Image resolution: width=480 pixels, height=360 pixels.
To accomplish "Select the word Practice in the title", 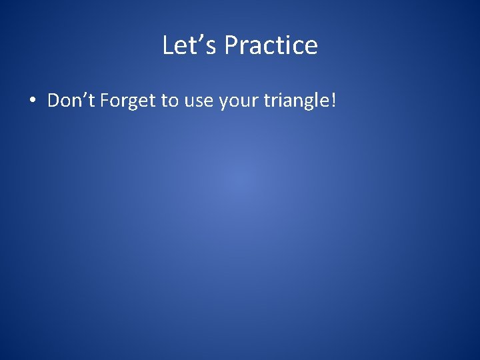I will (271, 45).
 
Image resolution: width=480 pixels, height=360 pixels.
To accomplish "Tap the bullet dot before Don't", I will (32, 101).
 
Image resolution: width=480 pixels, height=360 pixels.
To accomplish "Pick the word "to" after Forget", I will (169, 101).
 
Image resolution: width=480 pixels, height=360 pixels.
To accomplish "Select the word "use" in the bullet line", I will (197, 101).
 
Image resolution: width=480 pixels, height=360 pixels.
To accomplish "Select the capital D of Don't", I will (54, 101).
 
